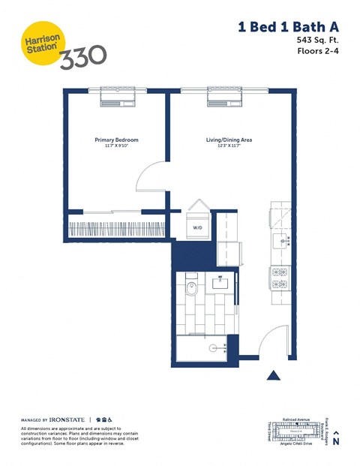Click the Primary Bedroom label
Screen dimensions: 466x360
click(x=116, y=140)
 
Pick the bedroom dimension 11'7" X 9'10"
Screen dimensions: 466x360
click(x=116, y=147)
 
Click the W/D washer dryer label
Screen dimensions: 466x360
click(x=198, y=227)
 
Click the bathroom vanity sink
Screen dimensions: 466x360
click(x=223, y=283)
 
